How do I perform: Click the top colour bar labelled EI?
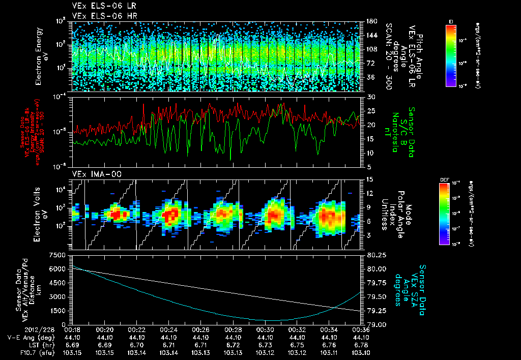pos(450,54)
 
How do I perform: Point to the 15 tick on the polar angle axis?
pos(369,179)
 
